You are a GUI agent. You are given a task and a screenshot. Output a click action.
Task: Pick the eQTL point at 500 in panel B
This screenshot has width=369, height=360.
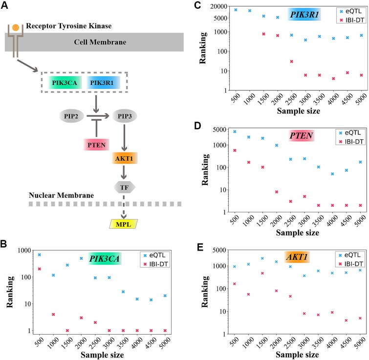pos(39,255)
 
